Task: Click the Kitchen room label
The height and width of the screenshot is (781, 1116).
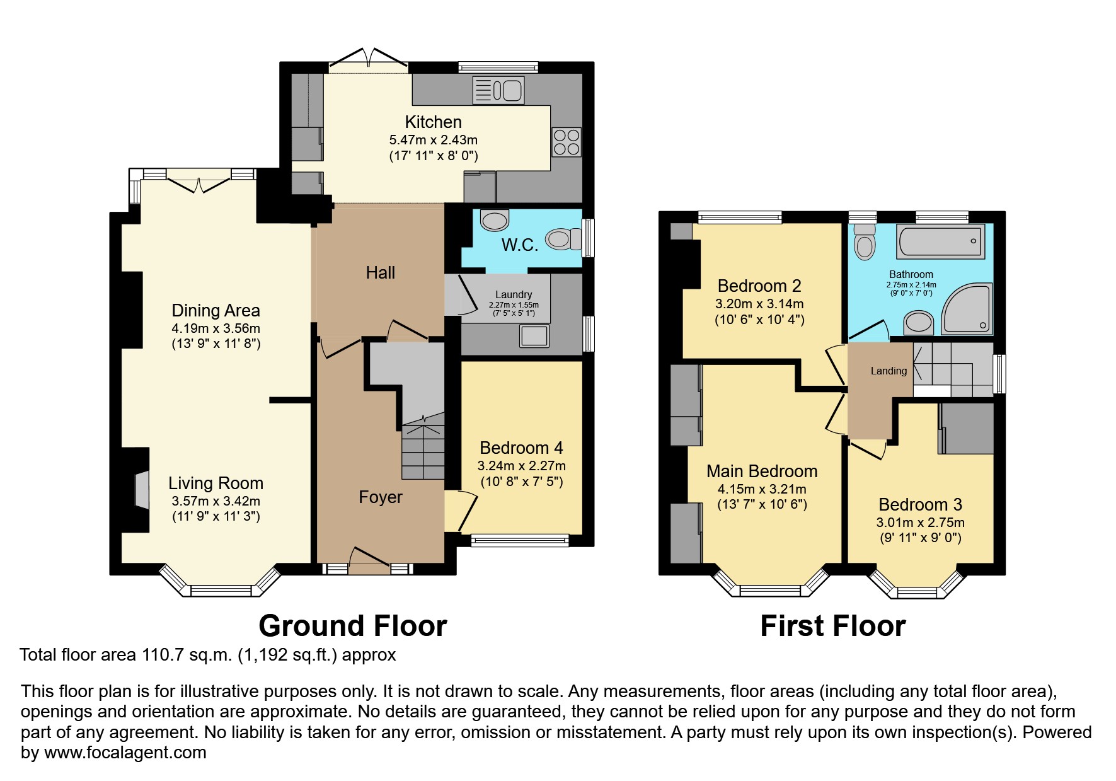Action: pyautogui.click(x=433, y=122)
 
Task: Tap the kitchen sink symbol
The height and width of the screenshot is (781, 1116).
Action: pyautogui.click(x=498, y=90)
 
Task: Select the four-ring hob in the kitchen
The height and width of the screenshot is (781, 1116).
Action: pyautogui.click(x=566, y=142)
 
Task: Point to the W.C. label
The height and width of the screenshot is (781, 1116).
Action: pyautogui.click(x=519, y=245)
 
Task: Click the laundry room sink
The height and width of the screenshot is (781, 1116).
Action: pyautogui.click(x=534, y=336)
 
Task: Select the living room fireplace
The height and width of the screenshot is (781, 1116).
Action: pyautogui.click(x=141, y=489)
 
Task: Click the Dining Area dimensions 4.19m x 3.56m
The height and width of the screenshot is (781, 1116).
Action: pyautogui.click(x=216, y=328)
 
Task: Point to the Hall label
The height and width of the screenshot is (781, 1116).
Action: pyautogui.click(x=381, y=273)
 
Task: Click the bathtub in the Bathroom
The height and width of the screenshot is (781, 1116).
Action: pyautogui.click(x=941, y=241)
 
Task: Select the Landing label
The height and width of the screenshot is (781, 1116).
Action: pyautogui.click(x=889, y=371)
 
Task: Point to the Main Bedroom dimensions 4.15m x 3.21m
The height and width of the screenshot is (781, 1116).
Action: pyautogui.click(x=761, y=489)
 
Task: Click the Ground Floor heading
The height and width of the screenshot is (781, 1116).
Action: pyautogui.click(x=352, y=626)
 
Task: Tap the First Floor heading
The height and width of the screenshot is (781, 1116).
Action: pyautogui.click(x=832, y=626)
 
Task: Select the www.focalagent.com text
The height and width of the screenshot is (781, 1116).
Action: pyautogui.click(x=125, y=753)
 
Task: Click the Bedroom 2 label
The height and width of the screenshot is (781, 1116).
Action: pyautogui.click(x=759, y=286)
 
